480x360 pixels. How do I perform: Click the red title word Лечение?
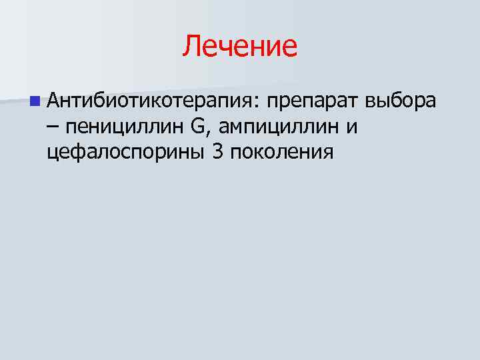coord(240,46)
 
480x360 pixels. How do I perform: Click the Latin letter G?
coord(198,126)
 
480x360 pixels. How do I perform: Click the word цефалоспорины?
coord(126,153)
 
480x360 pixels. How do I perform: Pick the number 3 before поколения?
coord(217,151)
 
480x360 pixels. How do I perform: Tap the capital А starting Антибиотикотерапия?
coord(54,101)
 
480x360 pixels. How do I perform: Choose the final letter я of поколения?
coord(327,153)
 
